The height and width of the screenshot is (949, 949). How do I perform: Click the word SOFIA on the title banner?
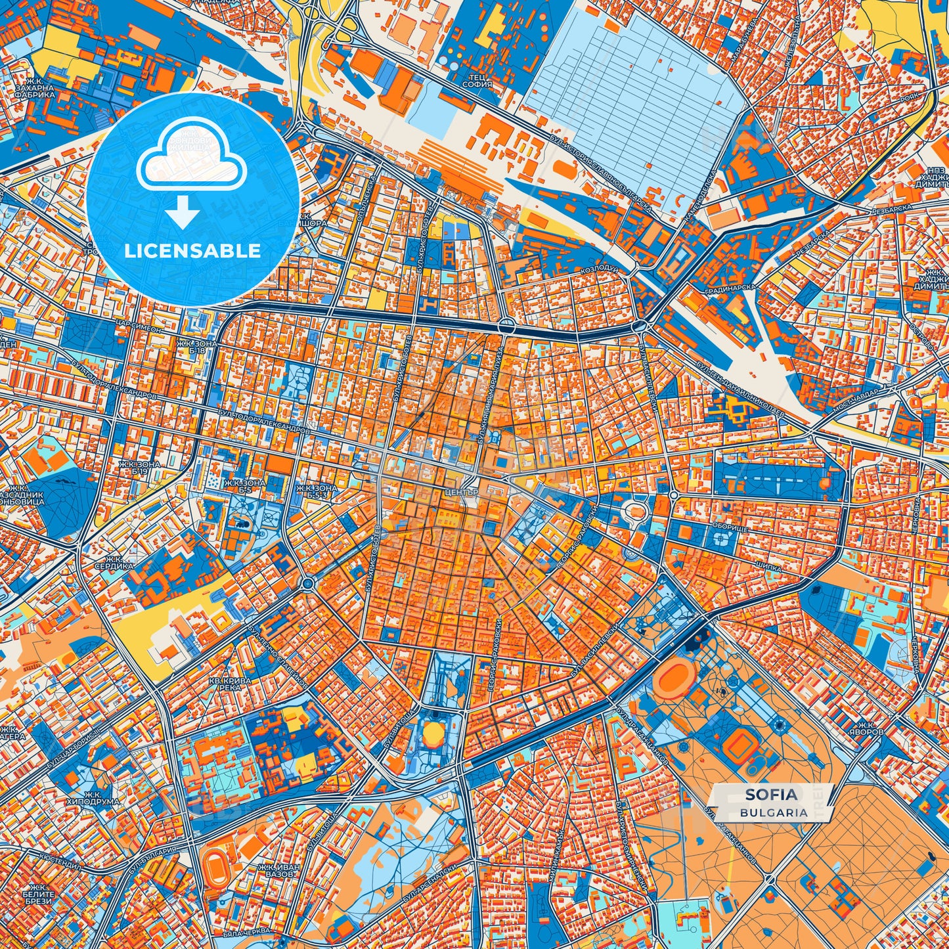(772, 795)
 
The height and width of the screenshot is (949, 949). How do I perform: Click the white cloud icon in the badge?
(191, 160)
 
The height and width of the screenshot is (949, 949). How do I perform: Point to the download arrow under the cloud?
(183, 214)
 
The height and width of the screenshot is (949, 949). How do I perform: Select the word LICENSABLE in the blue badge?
(193, 251)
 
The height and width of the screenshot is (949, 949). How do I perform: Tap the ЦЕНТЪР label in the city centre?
(462, 492)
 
